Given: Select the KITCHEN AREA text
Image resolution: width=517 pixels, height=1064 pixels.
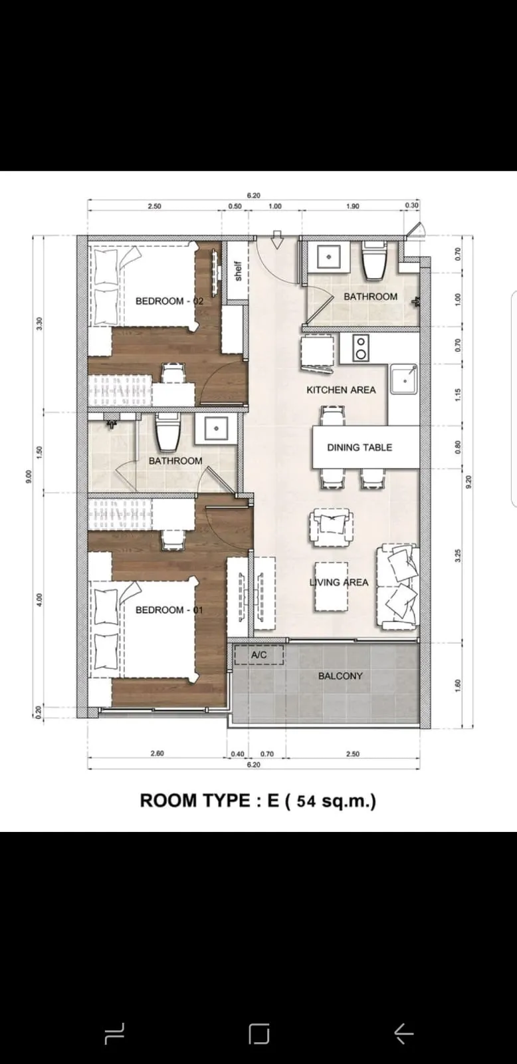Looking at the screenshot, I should (341, 390).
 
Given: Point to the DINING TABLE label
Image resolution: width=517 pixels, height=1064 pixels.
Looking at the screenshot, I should (360, 448).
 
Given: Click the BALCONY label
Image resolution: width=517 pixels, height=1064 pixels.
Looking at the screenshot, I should (340, 676).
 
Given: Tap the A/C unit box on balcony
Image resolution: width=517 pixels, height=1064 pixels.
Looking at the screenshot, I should (259, 655).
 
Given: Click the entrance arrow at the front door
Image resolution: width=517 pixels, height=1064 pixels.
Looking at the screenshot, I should (277, 240).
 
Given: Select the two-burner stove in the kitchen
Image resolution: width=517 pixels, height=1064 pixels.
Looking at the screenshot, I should (360, 348).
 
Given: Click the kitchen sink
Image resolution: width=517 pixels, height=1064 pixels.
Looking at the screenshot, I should (403, 379).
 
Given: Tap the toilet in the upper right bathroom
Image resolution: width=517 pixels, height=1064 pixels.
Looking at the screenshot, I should (374, 261).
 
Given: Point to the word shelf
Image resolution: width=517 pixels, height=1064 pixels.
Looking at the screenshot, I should (237, 271).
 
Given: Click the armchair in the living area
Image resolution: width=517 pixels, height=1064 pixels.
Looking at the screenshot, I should (330, 527).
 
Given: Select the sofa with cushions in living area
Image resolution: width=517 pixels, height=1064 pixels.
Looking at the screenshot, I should (398, 586).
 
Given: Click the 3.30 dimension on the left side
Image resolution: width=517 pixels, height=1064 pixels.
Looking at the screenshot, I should (39, 324).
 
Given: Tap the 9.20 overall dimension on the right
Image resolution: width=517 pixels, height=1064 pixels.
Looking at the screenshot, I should (468, 481).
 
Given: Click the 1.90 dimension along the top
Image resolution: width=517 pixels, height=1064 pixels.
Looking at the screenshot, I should (352, 206).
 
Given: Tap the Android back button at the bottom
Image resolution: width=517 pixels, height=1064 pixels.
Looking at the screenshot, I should (403, 1033).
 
